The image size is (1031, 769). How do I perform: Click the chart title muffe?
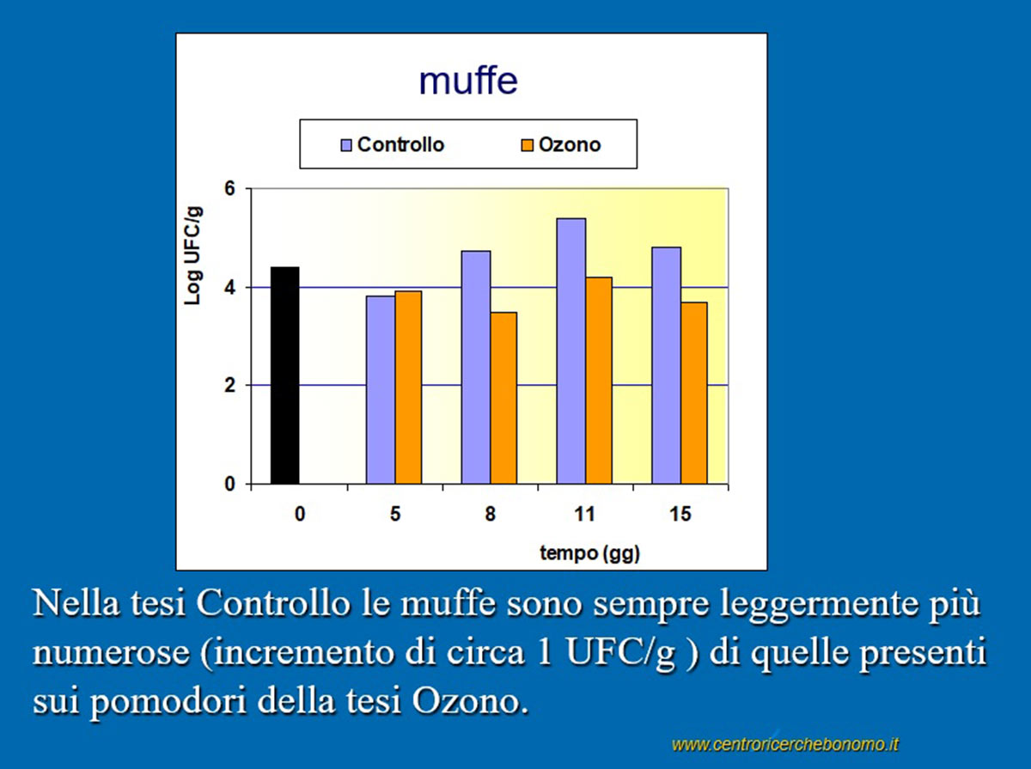pyautogui.click(x=468, y=81)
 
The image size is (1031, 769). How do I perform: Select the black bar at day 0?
pyautogui.click(x=284, y=375)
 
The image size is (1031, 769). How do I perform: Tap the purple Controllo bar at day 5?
pyautogui.click(x=381, y=390)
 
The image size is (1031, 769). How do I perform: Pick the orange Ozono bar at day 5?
pyautogui.click(x=408, y=388)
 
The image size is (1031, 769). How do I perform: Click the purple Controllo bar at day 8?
pyautogui.click(x=476, y=368)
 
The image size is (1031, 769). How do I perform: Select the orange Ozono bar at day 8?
pyautogui.click(x=503, y=398)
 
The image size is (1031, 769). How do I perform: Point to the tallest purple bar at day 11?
pyautogui.click(x=571, y=351)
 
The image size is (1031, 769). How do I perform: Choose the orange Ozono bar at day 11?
pyautogui.click(x=599, y=381)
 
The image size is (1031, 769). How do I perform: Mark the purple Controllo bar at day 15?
pyautogui.click(x=667, y=365)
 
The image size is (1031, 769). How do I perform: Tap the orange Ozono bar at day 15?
pyautogui.click(x=694, y=394)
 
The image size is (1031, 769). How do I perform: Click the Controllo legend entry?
pyautogui.click(x=392, y=144)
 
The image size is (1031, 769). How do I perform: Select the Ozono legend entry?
pyautogui.click(x=561, y=144)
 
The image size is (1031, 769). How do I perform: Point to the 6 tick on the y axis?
pyautogui.click(x=229, y=189)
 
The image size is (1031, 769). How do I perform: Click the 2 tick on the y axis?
pyautogui.click(x=229, y=386)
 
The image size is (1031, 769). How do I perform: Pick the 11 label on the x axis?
pyautogui.click(x=585, y=515)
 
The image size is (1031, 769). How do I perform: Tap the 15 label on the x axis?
pyautogui.click(x=680, y=515)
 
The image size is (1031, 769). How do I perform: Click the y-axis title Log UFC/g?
pyautogui.click(x=192, y=255)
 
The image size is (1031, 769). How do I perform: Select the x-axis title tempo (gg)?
pyautogui.click(x=590, y=553)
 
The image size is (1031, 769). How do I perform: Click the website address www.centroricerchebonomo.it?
pyautogui.click(x=785, y=745)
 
